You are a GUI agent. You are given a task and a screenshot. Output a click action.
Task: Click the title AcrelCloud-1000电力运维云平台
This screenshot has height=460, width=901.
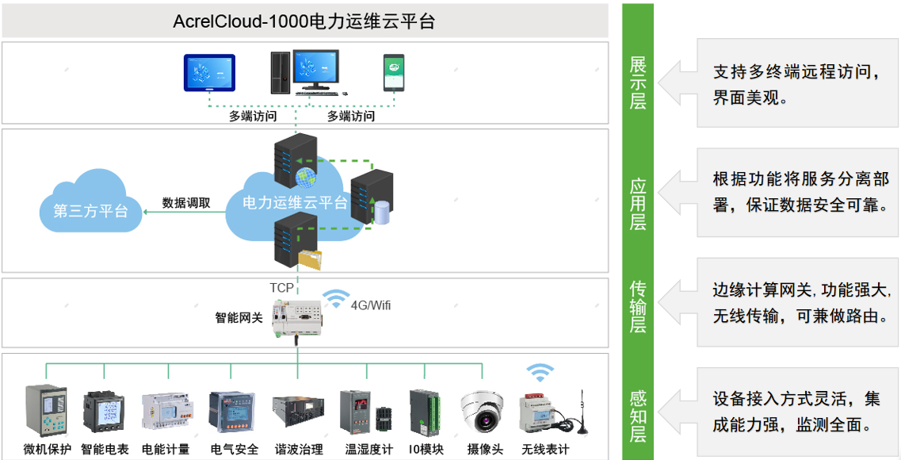[x=304, y=21]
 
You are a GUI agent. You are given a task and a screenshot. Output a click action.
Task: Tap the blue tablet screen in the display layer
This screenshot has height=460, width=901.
[x=209, y=72]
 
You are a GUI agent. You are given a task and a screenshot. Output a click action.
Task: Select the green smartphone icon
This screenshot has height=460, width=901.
[x=394, y=72]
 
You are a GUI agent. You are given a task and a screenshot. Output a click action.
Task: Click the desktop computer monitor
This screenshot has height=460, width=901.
[x=315, y=70]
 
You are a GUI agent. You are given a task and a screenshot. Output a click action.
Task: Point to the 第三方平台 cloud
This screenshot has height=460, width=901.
[x=91, y=201]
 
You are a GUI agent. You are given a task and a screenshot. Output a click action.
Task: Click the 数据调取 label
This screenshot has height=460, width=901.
[x=185, y=203]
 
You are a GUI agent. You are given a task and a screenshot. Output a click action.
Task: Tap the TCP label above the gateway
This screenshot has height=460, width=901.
[x=281, y=287]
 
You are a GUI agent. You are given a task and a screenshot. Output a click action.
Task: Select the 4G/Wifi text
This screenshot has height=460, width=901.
[x=371, y=305]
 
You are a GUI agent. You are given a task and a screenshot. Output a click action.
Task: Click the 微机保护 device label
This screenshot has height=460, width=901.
[x=48, y=449]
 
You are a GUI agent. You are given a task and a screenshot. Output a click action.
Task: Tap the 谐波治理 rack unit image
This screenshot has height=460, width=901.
[x=298, y=412]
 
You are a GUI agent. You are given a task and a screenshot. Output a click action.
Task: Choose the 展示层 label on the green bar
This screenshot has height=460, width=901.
[x=638, y=82]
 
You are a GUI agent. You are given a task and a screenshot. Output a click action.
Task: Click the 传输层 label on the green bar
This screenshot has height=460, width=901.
[x=638, y=306]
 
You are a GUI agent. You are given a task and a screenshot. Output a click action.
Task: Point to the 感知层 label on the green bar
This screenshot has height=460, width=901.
[x=638, y=417]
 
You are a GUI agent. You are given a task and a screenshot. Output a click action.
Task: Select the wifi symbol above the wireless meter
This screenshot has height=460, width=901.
[x=540, y=374]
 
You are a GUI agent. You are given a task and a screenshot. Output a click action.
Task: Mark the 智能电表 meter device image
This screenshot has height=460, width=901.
[x=104, y=412]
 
